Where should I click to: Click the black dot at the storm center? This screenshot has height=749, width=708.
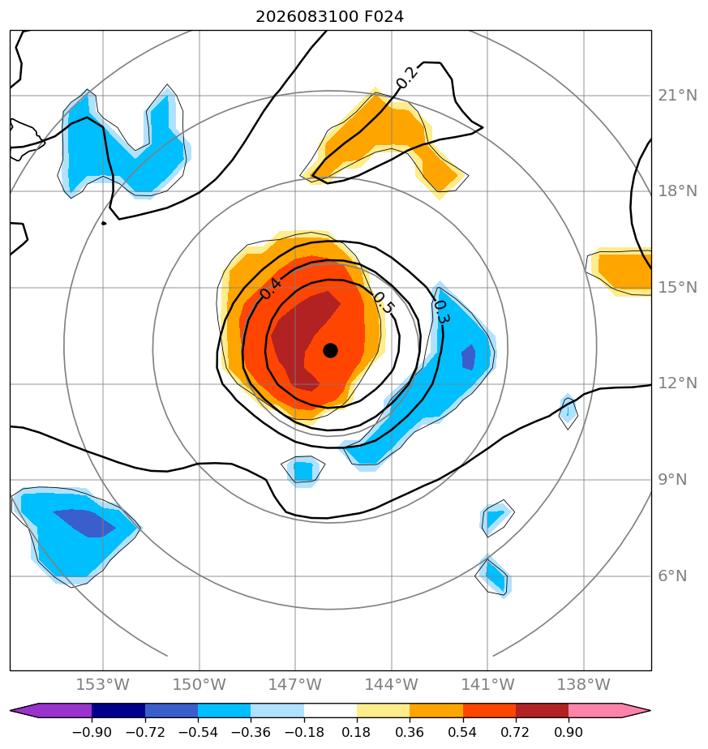[x=330, y=351]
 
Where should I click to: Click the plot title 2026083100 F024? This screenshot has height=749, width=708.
[x=330, y=17]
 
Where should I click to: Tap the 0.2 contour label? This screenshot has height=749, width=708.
[x=407, y=77]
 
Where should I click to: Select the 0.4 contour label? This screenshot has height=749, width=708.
[x=271, y=289]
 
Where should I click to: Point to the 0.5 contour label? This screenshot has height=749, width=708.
[x=384, y=303]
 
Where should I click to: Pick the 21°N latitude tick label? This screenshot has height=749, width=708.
[x=677, y=96]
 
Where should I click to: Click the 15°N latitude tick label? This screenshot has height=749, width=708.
[x=677, y=288]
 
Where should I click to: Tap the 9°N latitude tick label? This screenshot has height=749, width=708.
[x=673, y=480]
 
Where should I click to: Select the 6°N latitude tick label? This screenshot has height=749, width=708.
[x=673, y=576]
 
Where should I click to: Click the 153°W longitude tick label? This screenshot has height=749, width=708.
[x=103, y=684]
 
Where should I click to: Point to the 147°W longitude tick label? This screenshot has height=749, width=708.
[x=295, y=684]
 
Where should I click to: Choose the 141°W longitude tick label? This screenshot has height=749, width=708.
[x=487, y=684]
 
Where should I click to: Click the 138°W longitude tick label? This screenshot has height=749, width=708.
[x=584, y=684]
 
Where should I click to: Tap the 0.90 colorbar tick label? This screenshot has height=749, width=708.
[x=569, y=732]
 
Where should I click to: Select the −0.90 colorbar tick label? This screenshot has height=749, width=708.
[x=92, y=732]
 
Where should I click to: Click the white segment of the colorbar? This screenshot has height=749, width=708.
[x=330, y=710]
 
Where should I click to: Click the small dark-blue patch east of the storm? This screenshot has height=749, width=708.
[x=469, y=357]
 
